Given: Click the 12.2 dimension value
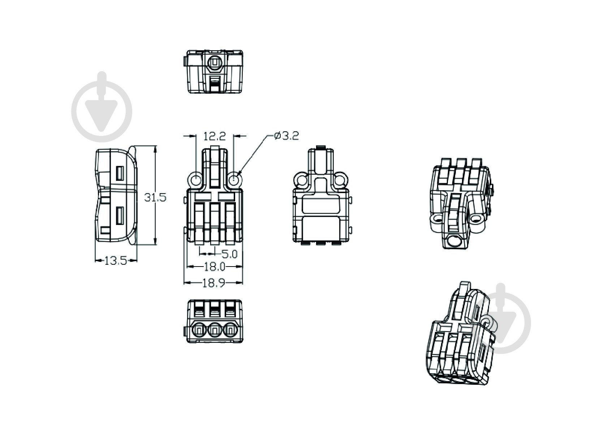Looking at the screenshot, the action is (x=215, y=136).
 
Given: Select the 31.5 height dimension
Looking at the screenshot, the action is (x=155, y=197).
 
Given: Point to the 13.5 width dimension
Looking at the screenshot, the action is (x=116, y=261).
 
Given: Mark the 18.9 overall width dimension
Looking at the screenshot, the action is (x=213, y=283).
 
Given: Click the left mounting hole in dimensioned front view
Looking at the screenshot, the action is (x=196, y=180).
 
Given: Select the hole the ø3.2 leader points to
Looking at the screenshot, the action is (x=234, y=180).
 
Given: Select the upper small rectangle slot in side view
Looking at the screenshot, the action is (x=120, y=174).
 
